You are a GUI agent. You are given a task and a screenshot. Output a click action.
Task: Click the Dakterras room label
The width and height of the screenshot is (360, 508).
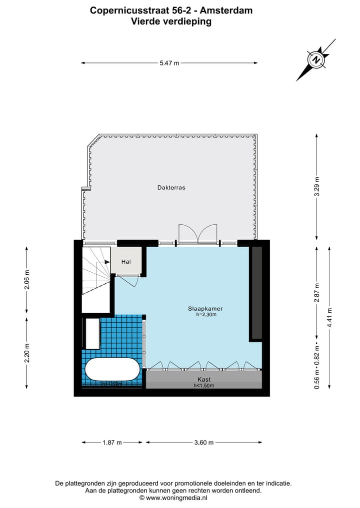tap(168, 188)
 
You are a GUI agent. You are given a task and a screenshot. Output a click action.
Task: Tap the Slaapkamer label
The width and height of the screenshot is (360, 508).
tap(202, 309)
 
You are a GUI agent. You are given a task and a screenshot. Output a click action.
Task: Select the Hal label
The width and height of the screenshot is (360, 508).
tap(126, 261)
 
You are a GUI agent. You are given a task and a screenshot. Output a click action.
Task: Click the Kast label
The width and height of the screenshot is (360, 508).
tap(203, 380)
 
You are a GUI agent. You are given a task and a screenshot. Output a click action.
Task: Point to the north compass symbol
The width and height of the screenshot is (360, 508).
tap(316, 60)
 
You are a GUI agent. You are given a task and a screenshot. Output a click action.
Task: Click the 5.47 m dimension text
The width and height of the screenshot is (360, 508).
tap(169, 63)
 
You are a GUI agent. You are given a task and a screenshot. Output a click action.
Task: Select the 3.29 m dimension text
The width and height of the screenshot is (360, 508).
tap(316, 187)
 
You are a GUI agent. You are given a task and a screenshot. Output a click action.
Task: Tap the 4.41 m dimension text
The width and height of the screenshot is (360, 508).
tap(329, 316)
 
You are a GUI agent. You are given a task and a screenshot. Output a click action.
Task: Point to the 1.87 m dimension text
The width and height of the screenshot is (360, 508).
tap(112, 443)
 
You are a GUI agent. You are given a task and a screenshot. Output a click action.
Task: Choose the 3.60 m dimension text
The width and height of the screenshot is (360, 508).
tap(203, 443)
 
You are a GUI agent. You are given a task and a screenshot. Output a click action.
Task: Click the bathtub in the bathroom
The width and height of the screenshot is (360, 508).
tap(112, 370)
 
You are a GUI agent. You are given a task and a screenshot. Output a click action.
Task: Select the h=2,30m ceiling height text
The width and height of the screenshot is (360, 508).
tap(202, 315)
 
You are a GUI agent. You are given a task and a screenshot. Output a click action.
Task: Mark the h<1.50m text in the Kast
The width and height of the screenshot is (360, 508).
tap(203, 386)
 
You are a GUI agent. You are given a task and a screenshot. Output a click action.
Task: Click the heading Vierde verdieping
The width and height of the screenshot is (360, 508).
tap(171, 21)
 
